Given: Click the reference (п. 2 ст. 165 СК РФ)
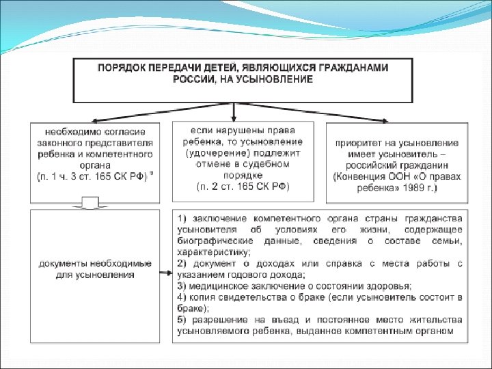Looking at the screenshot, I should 243,186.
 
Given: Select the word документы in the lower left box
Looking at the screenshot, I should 61,263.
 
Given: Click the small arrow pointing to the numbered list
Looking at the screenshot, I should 166,274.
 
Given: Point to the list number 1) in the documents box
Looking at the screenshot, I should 182,219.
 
